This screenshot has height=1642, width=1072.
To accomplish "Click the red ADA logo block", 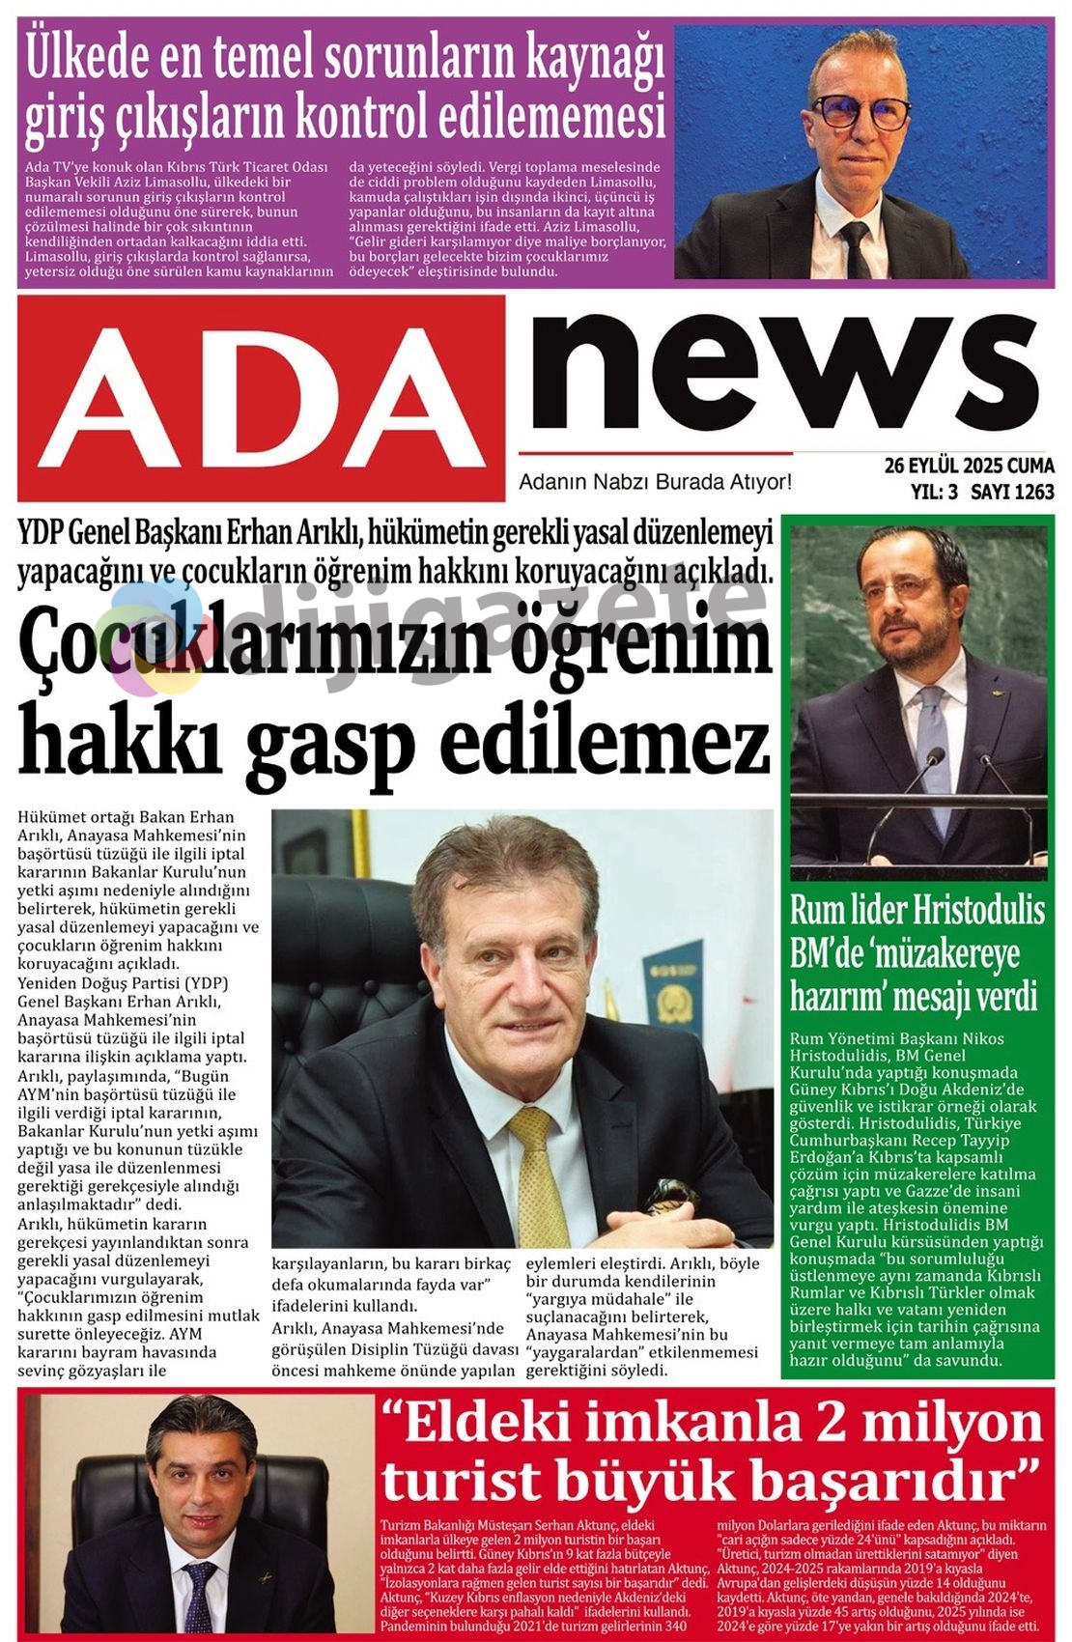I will (x=261, y=396).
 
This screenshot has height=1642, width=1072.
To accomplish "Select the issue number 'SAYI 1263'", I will (x=1012, y=492).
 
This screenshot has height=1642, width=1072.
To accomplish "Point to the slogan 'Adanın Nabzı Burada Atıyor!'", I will (x=655, y=481).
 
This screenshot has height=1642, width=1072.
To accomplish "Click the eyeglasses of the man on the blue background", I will (x=860, y=111).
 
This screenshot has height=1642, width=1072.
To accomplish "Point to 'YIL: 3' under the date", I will (x=934, y=492).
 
